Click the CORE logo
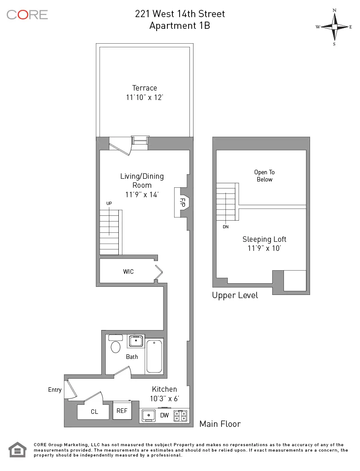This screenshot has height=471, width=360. point(27,14)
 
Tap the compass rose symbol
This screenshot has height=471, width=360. point(334,27)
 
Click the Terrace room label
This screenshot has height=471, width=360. point(144,88)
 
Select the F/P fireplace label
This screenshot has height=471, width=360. point(183,202)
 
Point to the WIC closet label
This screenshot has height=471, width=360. point(128,272)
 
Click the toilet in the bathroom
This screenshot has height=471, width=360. point(116,347)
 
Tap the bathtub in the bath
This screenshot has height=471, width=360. point(154,356)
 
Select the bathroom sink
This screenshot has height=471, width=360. point(135,341)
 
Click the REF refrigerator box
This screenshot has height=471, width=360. point(122,411)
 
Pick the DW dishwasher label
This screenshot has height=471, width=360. point(165,415)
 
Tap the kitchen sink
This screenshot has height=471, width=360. point(149,415)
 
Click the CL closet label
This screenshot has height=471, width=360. point(94,412)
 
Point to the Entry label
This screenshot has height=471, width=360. point(55,389)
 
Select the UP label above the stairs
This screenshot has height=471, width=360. point(109,204)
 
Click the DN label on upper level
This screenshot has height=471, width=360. point(225,227)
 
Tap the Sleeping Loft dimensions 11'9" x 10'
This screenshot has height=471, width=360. point(264,248)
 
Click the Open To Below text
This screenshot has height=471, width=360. point(264,176)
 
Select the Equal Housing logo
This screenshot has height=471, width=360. point(18,450)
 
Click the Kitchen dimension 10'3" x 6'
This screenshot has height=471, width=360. point(164,399)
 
